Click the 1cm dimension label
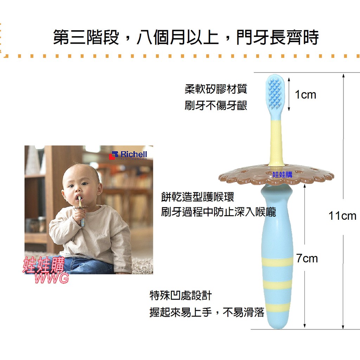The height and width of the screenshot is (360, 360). coord(306,95)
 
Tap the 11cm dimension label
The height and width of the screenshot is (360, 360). coord(342,216)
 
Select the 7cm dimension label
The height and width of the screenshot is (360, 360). coord(307,258)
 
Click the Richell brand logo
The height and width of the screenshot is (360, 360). coord(128,155)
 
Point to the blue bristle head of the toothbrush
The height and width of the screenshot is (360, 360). coord(275,92)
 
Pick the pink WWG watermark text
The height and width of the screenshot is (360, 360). coord(51,278)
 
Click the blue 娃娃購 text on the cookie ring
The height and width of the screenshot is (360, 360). coord(282,175)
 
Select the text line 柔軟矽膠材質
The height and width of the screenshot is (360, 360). coord(216,89)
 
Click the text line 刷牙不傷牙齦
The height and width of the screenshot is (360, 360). coord(216,105)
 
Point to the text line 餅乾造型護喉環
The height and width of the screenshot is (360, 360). coord(198,197)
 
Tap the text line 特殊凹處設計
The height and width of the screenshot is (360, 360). coord(180,295)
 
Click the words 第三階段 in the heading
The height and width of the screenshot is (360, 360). coord(86,37)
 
